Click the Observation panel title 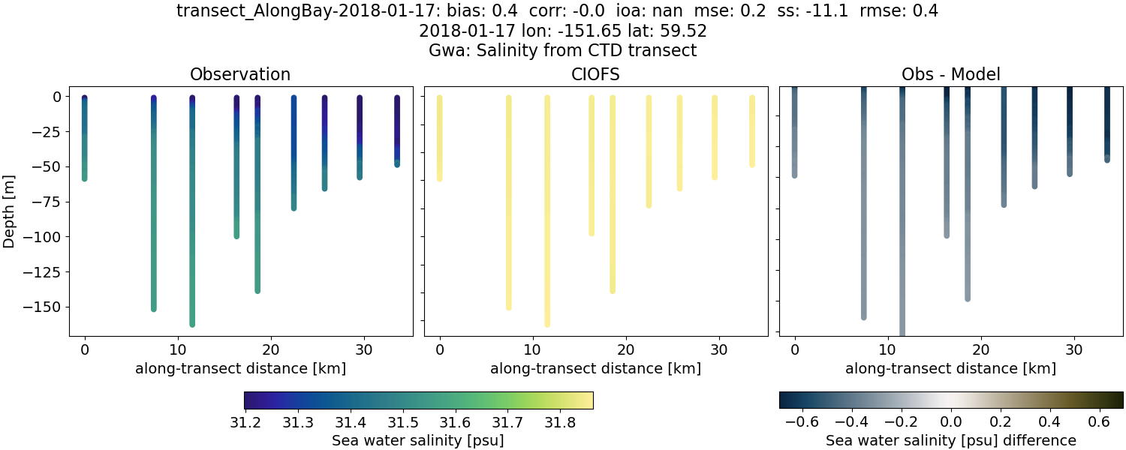click(240, 74)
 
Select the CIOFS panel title click(595, 74)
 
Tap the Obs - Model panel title click(950, 74)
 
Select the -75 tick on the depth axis click(50, 202)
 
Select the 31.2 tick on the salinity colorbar click(245, 422)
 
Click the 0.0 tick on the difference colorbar click(951, 422)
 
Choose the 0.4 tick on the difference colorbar click(1049, 422)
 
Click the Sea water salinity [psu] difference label click(950, 440)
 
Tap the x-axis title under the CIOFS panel click(595, 368)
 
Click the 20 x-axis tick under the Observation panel click(270, 349)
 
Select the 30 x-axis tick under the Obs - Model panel click(1073, 349)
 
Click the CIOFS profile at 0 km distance click(439, 139)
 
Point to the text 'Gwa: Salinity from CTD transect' click(562, 51)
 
